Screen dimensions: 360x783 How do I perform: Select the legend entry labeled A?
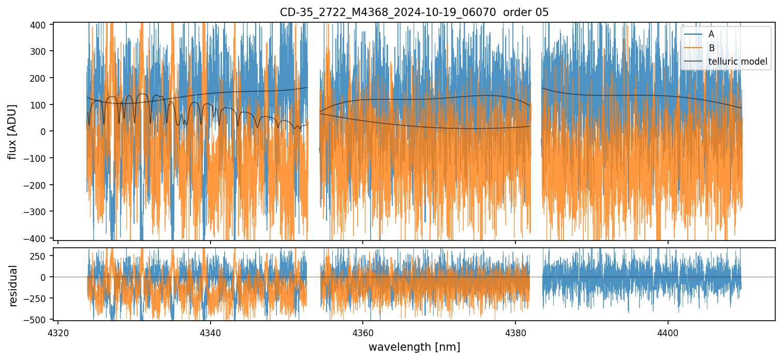711,34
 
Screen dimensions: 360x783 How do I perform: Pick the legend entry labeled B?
712,48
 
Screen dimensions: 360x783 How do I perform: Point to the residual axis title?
13,286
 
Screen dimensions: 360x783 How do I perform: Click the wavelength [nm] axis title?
414,347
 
